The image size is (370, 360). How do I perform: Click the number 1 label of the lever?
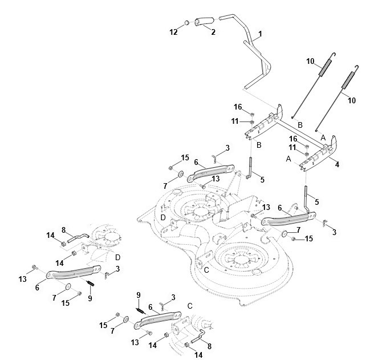260,34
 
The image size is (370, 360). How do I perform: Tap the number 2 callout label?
213,32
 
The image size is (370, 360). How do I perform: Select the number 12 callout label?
173,32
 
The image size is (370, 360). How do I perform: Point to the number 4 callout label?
337,164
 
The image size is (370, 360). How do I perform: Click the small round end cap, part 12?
186,23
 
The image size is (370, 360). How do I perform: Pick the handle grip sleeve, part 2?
204,21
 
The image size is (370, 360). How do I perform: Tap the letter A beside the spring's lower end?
323,137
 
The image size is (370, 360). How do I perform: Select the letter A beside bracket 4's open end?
288,159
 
